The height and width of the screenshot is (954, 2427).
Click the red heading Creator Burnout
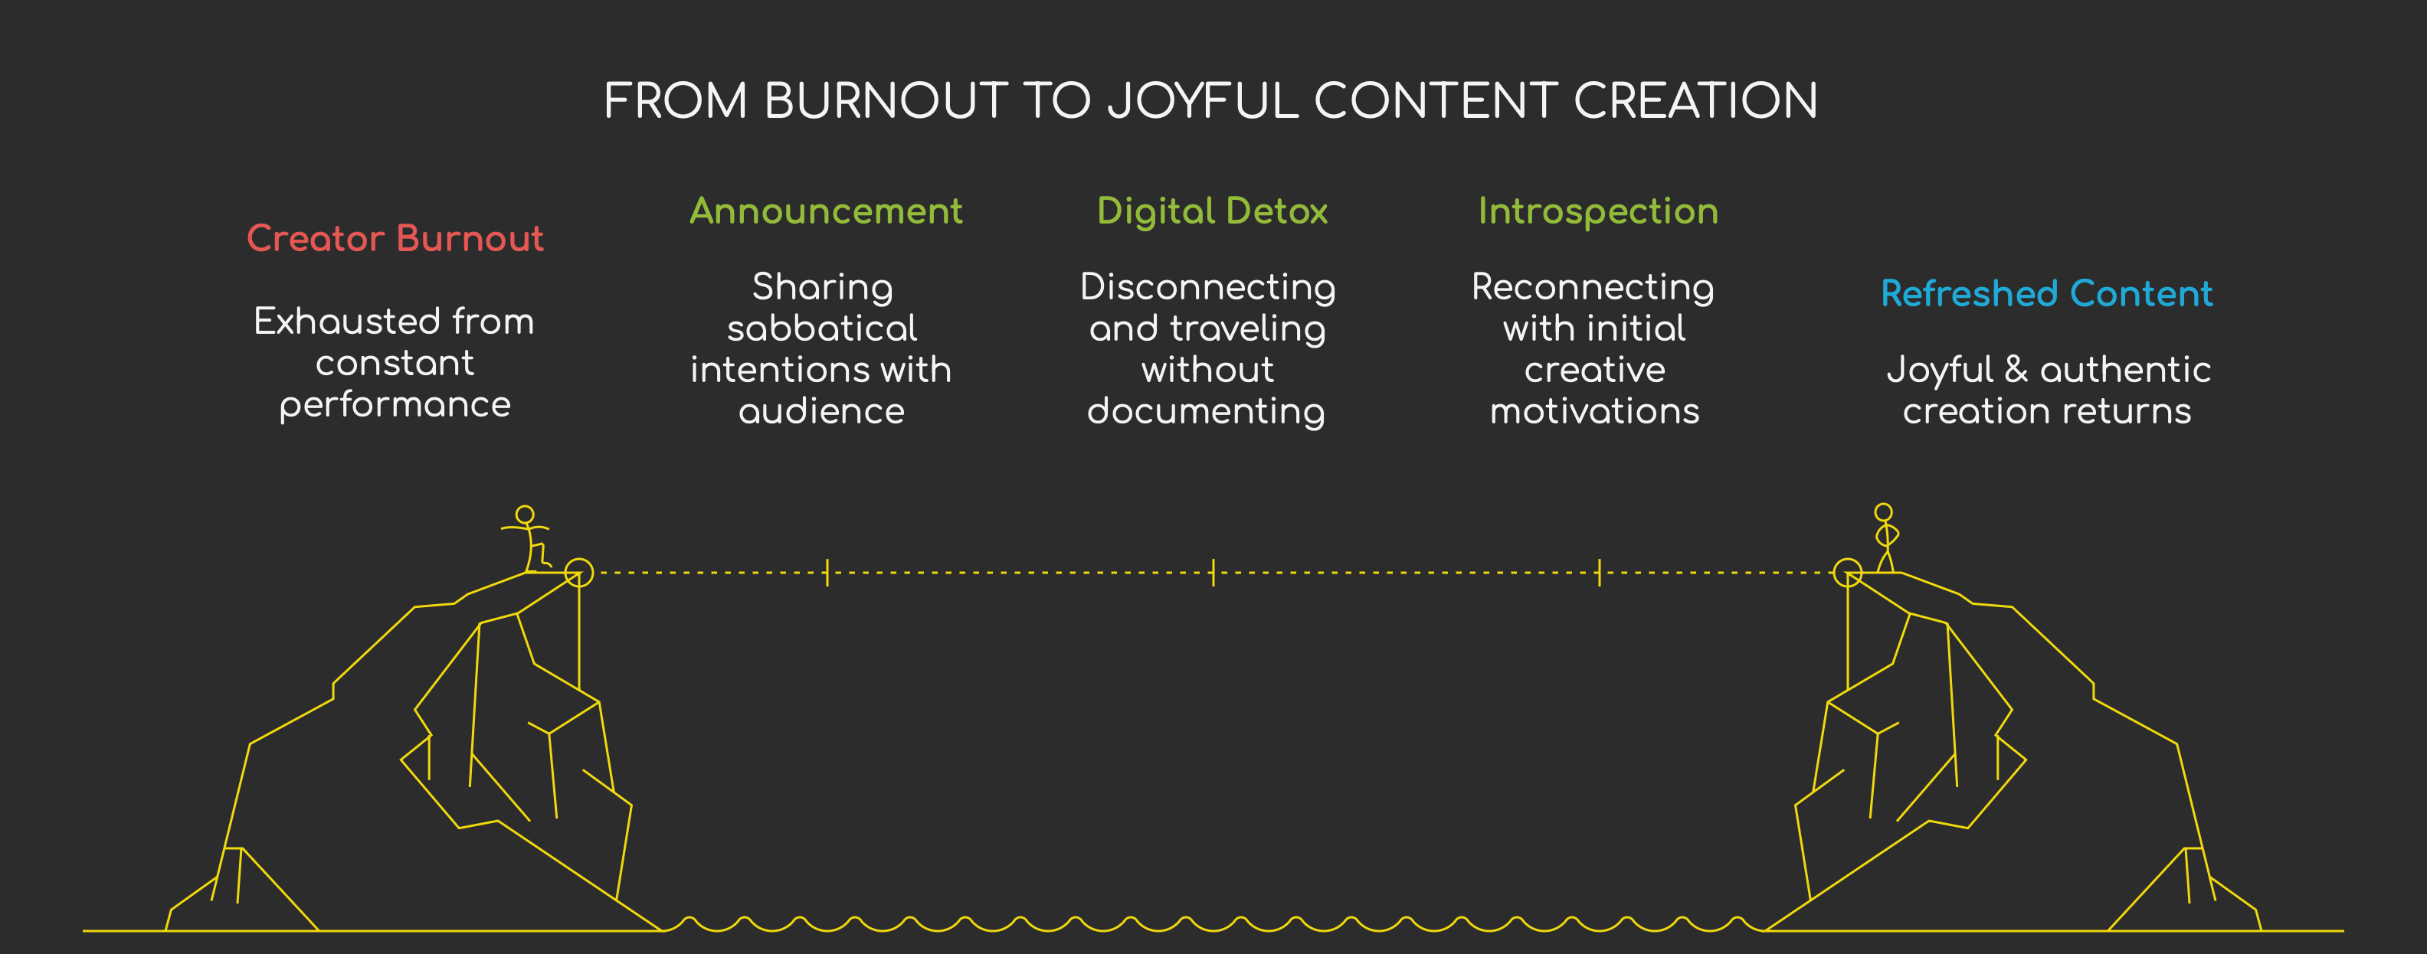point(395,238)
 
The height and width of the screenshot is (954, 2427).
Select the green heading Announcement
point(825,211)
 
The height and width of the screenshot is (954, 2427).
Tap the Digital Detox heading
point(1212,211)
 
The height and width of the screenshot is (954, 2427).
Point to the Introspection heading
point(1598,211)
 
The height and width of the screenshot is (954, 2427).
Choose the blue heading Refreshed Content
point(2046,294)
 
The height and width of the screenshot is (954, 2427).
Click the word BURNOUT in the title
point(886,101)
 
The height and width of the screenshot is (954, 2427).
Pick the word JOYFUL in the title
point(1203,101)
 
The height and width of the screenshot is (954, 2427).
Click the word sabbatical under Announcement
point(821,328)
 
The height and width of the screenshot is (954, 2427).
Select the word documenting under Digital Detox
point(1206,412)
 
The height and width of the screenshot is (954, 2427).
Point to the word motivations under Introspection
point(1594,412)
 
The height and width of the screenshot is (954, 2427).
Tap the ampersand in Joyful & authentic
point(2016,369)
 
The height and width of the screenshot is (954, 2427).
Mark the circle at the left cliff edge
point(578,573)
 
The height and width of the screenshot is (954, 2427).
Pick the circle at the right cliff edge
point(1848,573)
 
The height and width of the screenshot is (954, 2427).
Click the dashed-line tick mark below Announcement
point(827,573)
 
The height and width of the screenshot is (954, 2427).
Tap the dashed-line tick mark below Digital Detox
point(1213,573)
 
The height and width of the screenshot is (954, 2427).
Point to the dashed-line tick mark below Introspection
point(1599,573)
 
